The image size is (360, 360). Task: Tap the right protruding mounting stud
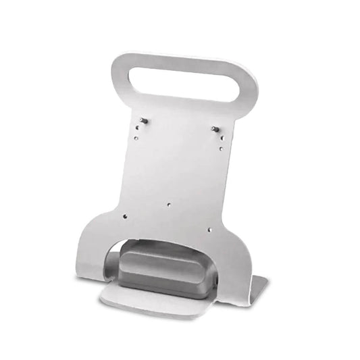click(x=214, y=128)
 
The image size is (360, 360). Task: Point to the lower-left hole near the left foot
click(x=125, y=216)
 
